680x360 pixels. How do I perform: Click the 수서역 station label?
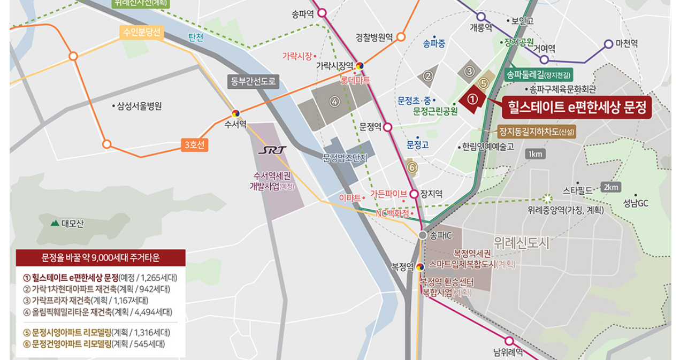click(x=235, y=125)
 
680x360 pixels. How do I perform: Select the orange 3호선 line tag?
click(x=194, y=144)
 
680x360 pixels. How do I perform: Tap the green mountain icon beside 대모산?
click(x=55, y=223)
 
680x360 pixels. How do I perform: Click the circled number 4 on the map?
click(x=335, y=102)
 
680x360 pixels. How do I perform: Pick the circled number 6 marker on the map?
click(x=411, y=167)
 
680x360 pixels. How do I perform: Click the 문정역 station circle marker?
click(x=388, y=127)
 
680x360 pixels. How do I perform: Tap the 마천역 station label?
click(x=626, y=44)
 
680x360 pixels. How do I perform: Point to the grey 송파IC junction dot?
click(x=423, y=235)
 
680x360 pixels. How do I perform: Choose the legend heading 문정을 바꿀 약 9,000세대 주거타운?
click(x=101, y=258)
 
